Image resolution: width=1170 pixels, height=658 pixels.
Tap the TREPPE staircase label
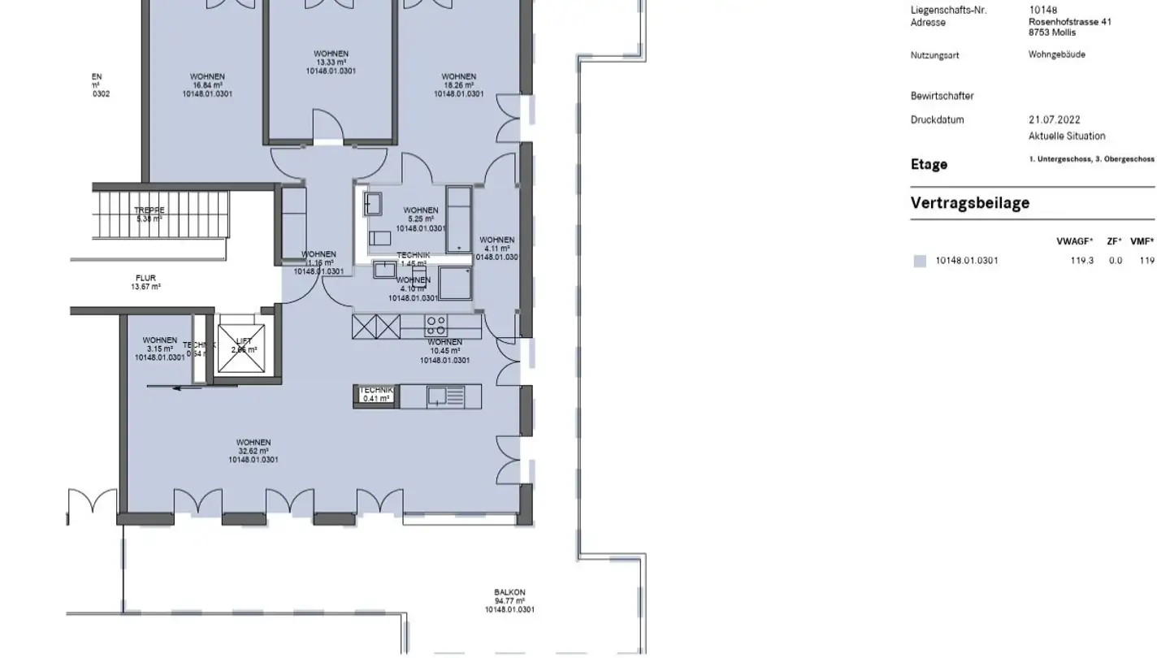(149, 214)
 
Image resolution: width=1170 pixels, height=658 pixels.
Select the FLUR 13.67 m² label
(146, 282)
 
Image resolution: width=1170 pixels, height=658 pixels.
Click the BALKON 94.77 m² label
(509, 601)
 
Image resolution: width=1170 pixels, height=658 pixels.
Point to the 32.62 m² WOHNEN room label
(253, 451)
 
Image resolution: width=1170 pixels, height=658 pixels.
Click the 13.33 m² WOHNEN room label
(331, 63)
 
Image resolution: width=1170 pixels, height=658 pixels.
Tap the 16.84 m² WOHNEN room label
(207, 85)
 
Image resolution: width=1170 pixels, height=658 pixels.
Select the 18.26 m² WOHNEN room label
(458, 85)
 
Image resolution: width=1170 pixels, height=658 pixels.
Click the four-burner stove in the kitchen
(435, 326)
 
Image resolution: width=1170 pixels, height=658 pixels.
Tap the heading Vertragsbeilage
(969, 203)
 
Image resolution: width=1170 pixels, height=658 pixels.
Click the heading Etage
(929, 164)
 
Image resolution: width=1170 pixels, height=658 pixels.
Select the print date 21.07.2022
(1054, 119)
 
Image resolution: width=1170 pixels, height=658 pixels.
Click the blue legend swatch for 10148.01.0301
(920, 261)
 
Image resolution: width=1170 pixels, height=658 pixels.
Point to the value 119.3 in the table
(1081, 261)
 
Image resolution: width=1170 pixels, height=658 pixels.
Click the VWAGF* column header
(1074, 241)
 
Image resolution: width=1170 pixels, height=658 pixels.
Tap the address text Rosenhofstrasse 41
(1069, 22)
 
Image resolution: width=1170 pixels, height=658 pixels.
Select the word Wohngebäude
(1056, 54)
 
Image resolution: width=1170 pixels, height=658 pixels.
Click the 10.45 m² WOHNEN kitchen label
(444, 351)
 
